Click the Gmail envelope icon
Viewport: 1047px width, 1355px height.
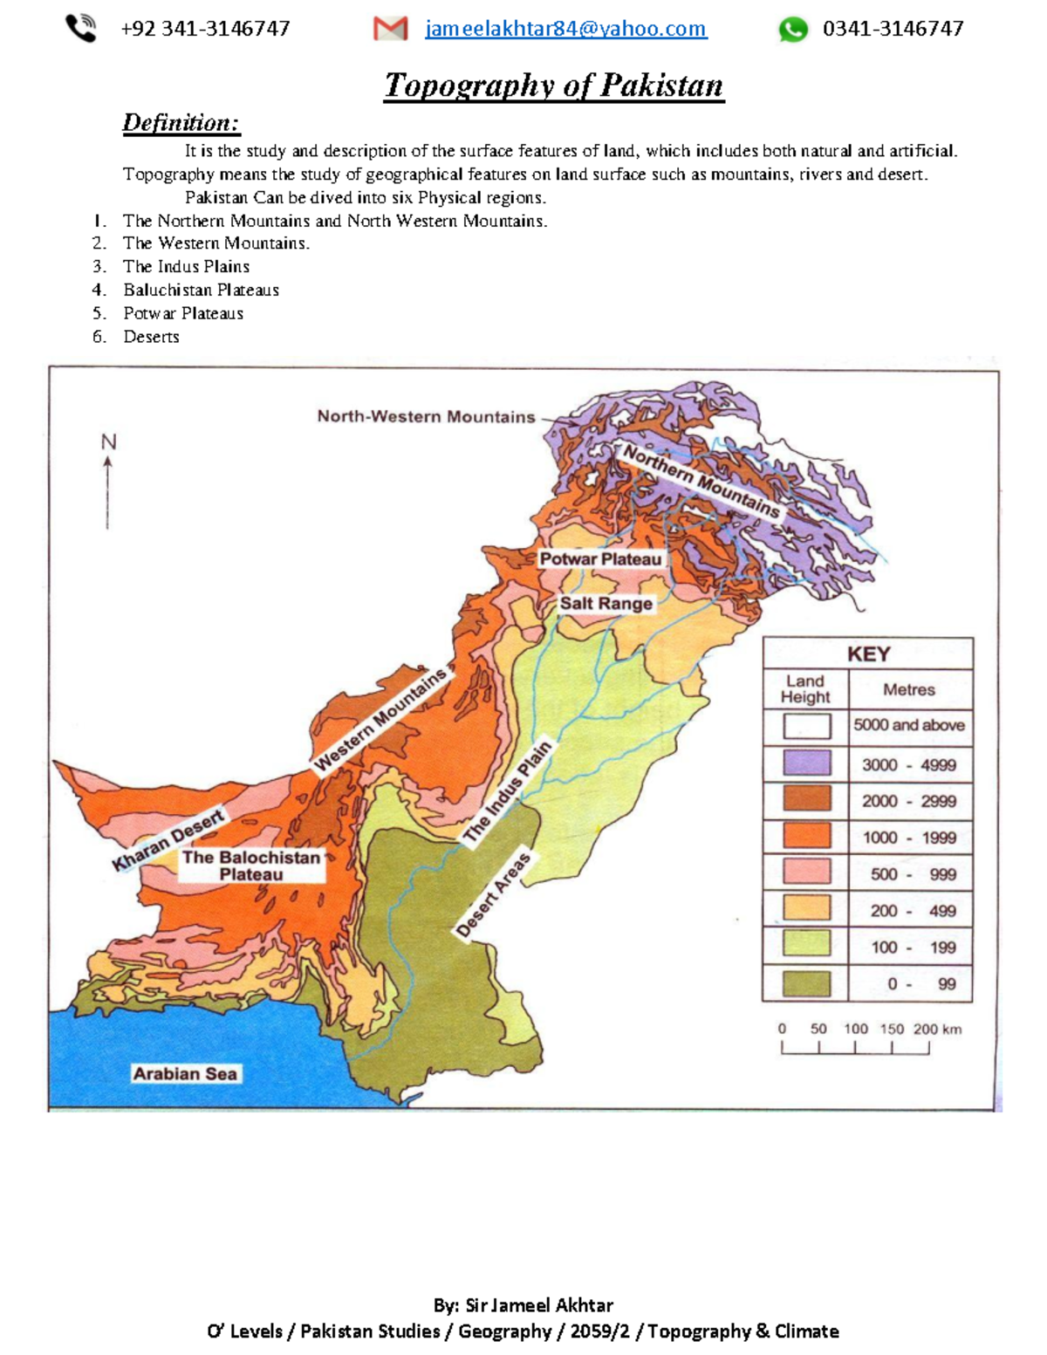[390, 29]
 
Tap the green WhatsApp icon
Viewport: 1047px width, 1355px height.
[793, 30]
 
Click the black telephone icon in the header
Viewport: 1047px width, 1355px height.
[81, 29]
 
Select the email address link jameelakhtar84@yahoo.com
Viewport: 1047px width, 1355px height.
[565, 29]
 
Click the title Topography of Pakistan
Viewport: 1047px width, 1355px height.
[554, 86]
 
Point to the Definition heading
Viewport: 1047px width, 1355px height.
[181, 123]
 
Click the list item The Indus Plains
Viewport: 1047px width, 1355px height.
[186, 266]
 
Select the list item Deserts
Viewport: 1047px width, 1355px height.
[151, 337]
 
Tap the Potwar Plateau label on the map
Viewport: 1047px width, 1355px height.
[600, 558]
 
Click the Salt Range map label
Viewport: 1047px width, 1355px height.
[606, 603]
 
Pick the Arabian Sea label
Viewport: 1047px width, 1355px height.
[184, 1073]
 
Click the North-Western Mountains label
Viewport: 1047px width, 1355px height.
[426, 416]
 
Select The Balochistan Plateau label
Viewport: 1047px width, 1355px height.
[250, 866]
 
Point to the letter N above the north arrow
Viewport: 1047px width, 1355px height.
[108, 442]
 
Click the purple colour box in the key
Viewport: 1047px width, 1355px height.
[806, 763]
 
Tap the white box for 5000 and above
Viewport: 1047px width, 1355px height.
[806, 726]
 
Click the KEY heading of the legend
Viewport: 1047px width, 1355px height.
[868, 654]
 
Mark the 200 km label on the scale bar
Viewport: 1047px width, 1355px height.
[937, 1029]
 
